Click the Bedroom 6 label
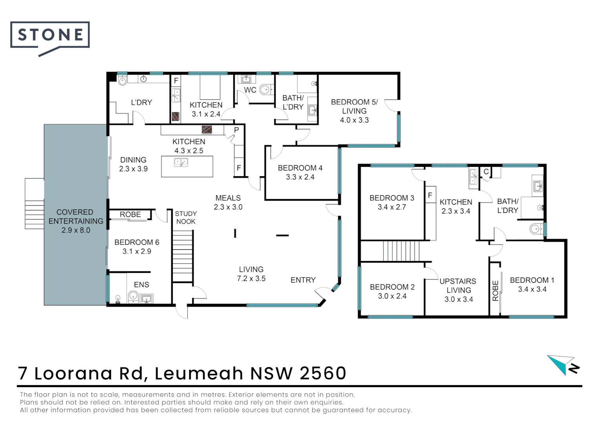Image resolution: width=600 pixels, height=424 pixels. coord(137,242)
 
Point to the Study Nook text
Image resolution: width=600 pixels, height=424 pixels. coord(186,217)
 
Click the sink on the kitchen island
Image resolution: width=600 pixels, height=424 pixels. coord(181,162)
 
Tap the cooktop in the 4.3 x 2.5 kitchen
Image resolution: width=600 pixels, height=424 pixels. coord(207,130)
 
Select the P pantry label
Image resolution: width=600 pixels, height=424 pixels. coord(236,130)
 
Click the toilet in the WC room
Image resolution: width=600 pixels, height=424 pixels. coord(265,90)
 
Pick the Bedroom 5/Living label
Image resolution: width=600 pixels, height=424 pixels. coord(354,106)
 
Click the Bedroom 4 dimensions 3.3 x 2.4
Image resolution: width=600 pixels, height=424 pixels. coord(300,177)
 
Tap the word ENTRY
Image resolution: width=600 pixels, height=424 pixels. coord(303,280)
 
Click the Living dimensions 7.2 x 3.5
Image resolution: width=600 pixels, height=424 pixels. coord(251,279)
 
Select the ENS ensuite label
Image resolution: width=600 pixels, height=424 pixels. coord(141,285)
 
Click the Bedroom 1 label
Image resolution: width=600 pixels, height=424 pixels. coord(532,280)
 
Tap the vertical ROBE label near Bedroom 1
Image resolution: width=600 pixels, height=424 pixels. coord(495,291)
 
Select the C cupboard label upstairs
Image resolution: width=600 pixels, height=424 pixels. coord(486,172)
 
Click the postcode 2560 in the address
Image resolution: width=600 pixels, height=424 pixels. coord(323,373)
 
